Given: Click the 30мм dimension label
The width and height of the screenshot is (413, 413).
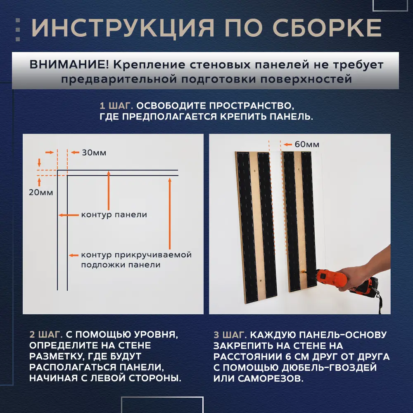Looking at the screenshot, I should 94,153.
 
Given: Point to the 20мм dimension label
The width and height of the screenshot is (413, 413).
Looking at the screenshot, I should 41,192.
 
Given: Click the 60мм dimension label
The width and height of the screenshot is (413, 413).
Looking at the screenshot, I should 307,145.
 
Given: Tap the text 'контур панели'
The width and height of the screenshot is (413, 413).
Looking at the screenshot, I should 114,215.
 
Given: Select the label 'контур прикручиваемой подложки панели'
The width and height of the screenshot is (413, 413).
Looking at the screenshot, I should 136,260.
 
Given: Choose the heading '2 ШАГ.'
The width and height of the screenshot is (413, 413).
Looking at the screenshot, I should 46,334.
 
